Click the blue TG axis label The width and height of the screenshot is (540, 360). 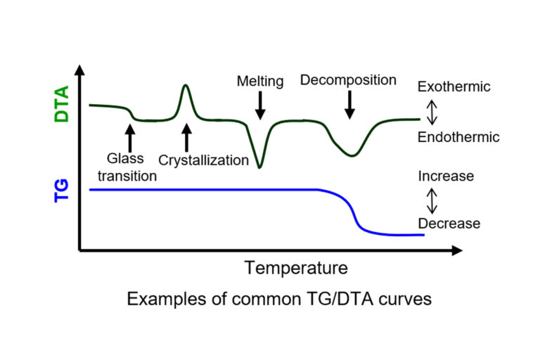pos(62,190)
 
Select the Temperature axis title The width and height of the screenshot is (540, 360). pos(296,268)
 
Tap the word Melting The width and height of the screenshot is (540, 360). pos(260,82)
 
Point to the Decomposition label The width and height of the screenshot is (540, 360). pos(348,80)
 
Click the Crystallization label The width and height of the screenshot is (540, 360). pos(203,160)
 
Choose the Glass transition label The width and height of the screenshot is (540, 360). pos(127,167)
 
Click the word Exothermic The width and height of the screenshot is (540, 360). pos(454,87)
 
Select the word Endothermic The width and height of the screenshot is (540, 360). pos(458,137)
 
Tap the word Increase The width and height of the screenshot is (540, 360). pos(446,176)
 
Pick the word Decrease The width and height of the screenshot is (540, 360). pos(449,224)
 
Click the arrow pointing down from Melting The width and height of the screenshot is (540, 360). pos(260,105)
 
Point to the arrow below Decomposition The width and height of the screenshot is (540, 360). pos(349,105)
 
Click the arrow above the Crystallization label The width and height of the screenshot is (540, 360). pos(186,137)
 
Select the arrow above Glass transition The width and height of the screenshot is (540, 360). pos(129,136)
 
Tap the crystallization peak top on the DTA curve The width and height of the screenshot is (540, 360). pos(186,86)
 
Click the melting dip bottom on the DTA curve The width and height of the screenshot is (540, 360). pos(260,167)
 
